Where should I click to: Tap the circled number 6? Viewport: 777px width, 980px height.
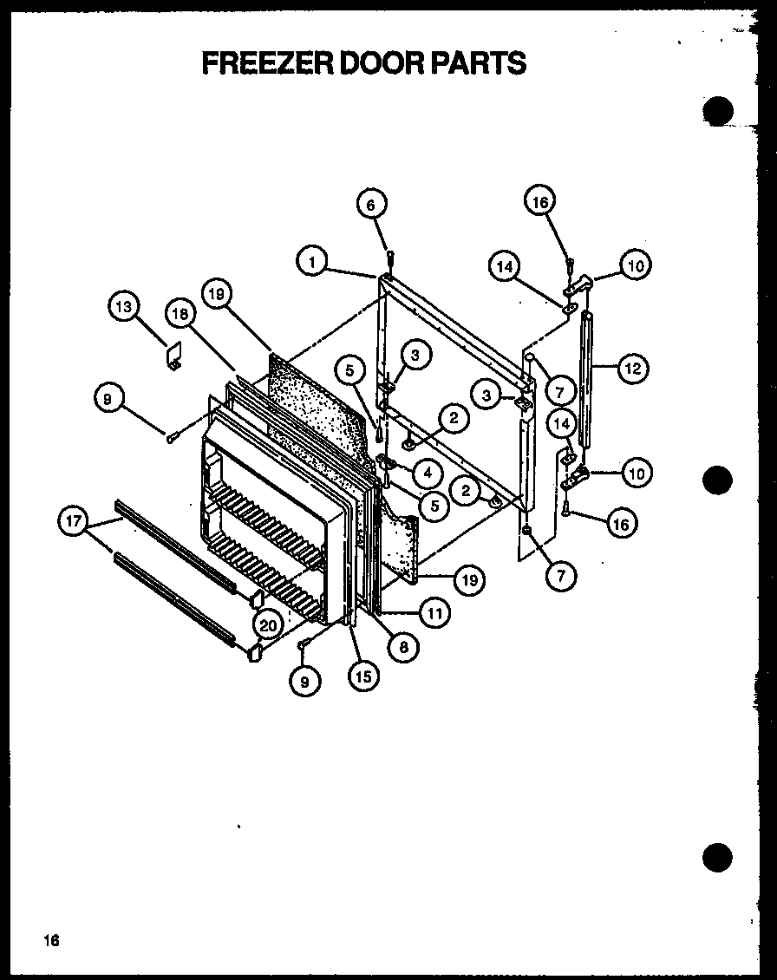370,205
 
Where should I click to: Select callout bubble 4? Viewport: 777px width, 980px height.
427,474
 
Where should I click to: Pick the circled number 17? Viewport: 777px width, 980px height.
74,522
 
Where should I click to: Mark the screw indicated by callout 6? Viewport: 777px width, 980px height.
389,257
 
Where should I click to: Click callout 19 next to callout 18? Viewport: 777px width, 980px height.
217,295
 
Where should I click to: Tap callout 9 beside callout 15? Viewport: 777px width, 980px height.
305,682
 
